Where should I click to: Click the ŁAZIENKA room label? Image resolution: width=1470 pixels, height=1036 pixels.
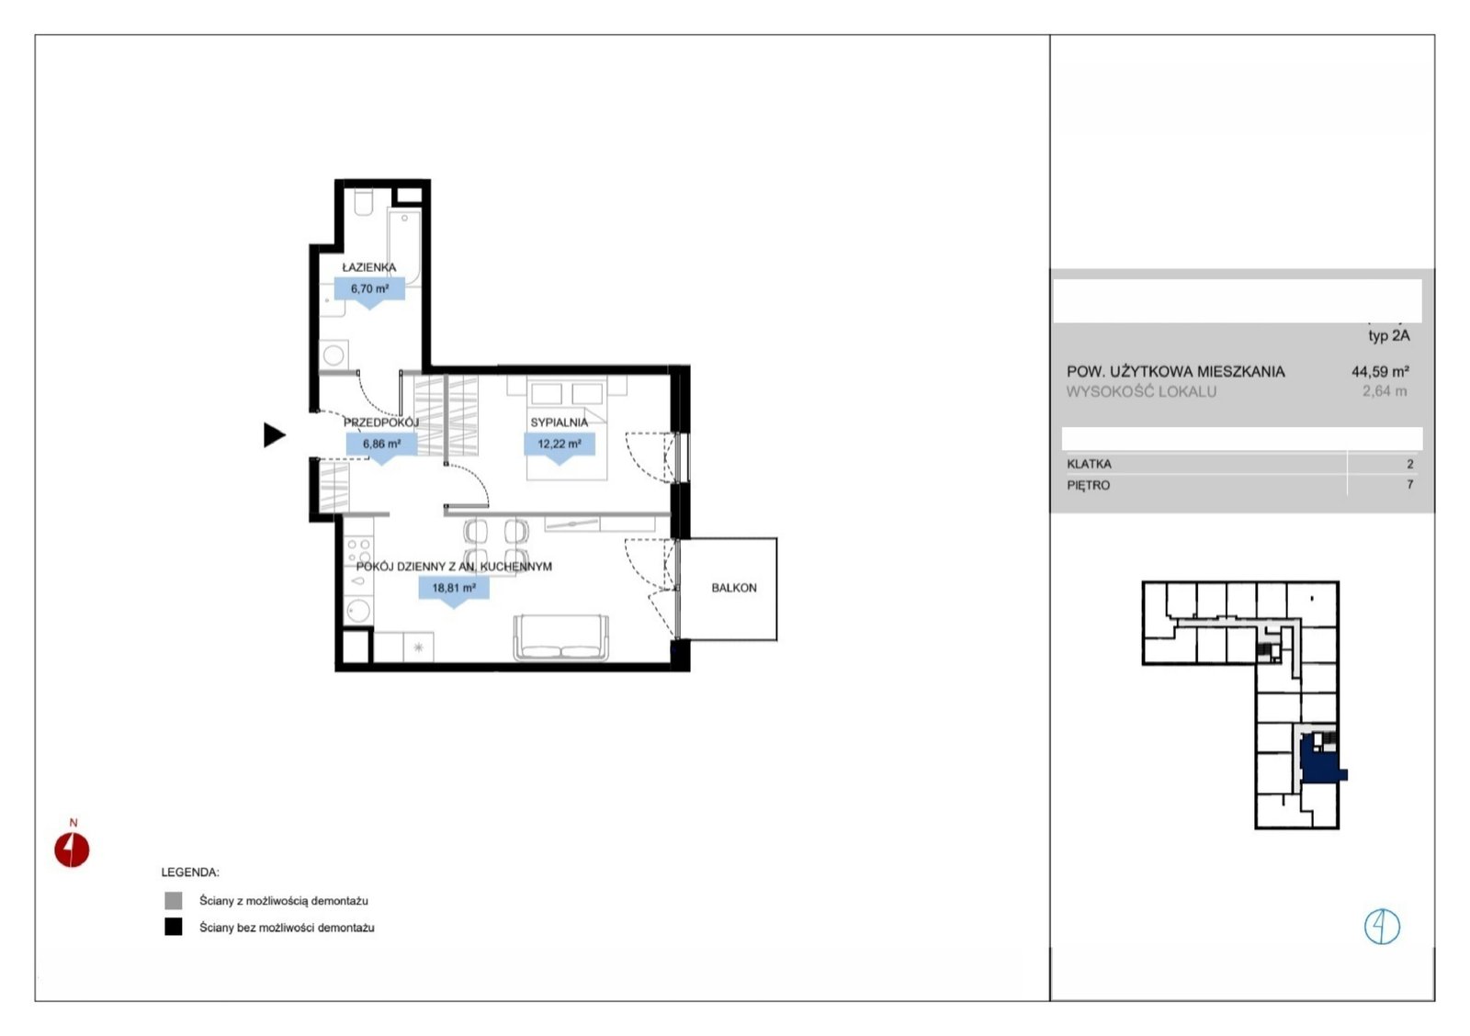(369, 267)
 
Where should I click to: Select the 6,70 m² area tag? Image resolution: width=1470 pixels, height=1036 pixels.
(369, 289)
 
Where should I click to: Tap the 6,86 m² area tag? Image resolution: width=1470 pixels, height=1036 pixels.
(382, 445)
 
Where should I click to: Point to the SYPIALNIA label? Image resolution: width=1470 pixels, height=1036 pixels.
(560, 422)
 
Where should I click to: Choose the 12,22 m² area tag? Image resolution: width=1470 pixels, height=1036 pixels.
(560, 445)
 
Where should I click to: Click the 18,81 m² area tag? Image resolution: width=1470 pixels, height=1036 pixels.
(454, 589)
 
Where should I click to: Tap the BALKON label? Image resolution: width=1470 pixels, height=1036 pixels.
(734, 588)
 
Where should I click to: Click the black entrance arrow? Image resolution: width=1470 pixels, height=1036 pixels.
(274, 435)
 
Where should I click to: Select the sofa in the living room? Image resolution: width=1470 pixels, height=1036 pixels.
(561, 637)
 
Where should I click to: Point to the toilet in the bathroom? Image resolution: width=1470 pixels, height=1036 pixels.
(364, 203)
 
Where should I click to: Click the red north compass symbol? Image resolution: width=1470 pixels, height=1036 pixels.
(72, 849)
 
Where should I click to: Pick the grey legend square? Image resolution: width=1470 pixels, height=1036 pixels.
(174, 900)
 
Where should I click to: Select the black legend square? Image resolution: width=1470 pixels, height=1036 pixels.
(174, 927)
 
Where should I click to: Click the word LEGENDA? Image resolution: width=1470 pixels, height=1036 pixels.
(190, 873)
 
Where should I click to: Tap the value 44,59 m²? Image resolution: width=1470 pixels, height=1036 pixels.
(1380, 371)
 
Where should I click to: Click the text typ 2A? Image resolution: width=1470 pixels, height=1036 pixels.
(1388, 336)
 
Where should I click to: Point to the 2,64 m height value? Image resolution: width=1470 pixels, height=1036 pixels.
(1385, 391)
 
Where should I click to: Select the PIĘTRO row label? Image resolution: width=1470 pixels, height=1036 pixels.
(1088, 486)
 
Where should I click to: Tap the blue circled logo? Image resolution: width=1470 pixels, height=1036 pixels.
(1382, 927)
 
